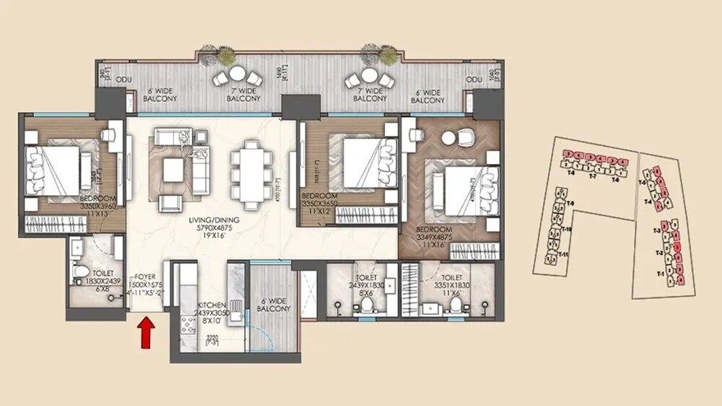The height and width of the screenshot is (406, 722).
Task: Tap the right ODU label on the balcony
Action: coord(474,79)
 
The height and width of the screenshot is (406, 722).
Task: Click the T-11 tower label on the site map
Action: coord(565,255)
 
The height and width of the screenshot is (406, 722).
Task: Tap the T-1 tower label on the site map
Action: coord(659,275)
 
